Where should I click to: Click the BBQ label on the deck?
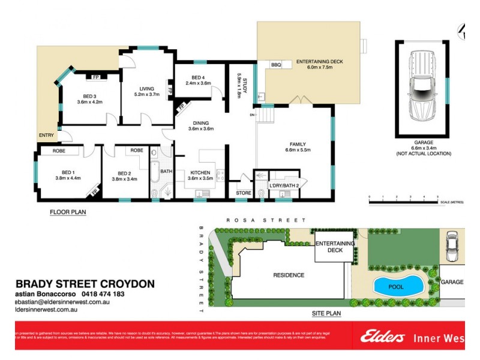276,65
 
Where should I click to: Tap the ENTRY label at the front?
46,136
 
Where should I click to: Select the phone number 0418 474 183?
102,294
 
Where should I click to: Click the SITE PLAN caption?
326,313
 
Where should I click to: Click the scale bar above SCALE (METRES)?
403,200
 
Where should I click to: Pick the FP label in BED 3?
95,77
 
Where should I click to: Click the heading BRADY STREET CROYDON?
85,283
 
